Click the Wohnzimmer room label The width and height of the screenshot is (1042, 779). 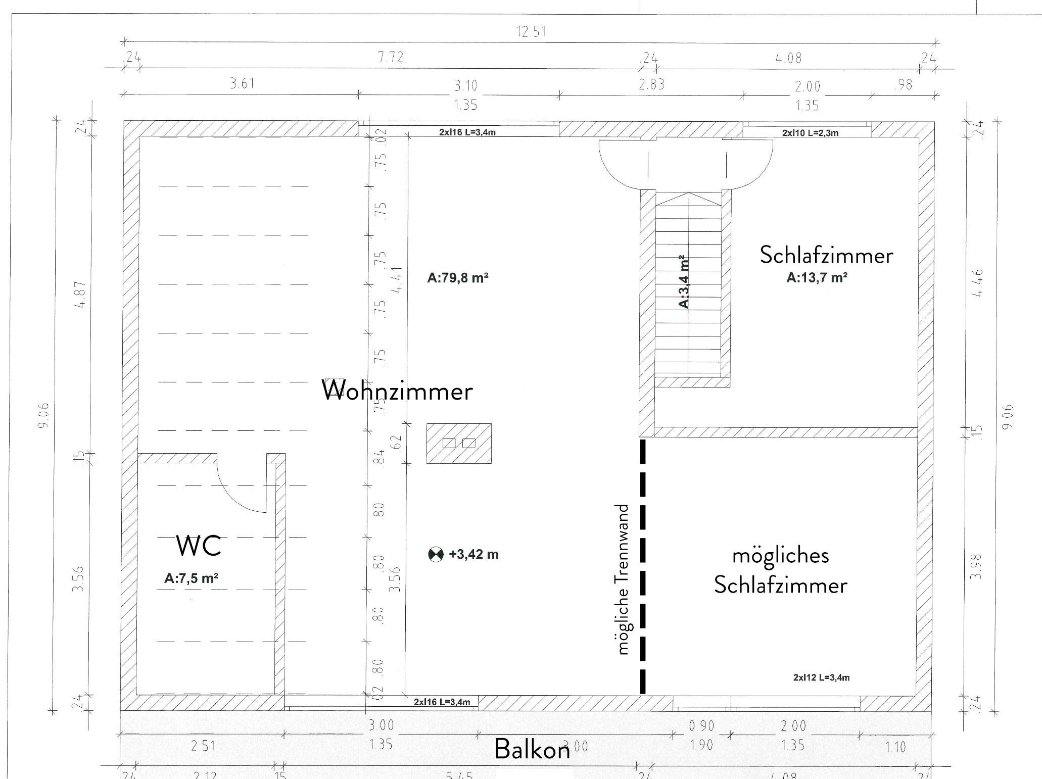click(397, 391)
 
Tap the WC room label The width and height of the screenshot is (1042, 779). click(198, 546)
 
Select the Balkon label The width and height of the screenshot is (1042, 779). click(532, 749)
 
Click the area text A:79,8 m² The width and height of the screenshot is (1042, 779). click(458, 278)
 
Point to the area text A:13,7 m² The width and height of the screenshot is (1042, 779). click(817, 277)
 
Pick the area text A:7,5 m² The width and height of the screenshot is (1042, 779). click(191, 578)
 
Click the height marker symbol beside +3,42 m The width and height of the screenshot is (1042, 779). click(436, 555)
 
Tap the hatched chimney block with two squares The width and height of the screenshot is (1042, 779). click(459, 443)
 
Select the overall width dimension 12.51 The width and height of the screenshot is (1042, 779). click(531, 32)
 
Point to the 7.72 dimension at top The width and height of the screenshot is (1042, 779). click(391, 58)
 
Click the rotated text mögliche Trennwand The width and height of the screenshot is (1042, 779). click(624, 579)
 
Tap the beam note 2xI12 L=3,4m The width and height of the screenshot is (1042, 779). click(821, 677)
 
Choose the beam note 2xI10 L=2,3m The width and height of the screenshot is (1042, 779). click(810, 133)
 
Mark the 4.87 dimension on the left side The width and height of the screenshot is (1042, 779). click(81, 295)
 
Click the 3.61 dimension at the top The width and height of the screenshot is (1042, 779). click(242, 83)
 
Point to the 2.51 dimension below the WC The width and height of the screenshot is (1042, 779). click(203, 746)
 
